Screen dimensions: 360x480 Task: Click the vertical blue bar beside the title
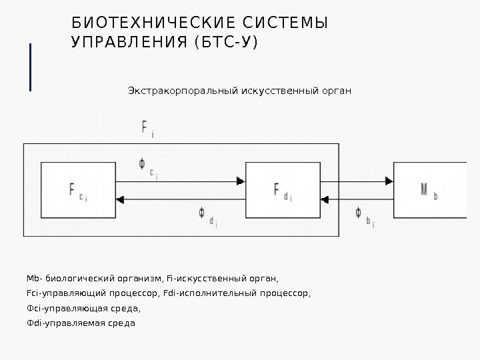[x=31, y=66]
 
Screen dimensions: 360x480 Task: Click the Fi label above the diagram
[x=148, y=127]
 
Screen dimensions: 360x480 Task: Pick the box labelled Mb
[x=429, y=190]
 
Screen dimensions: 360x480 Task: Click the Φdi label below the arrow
[x=206, y=216]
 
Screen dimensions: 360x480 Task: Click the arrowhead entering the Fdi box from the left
[x=241, y=180]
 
